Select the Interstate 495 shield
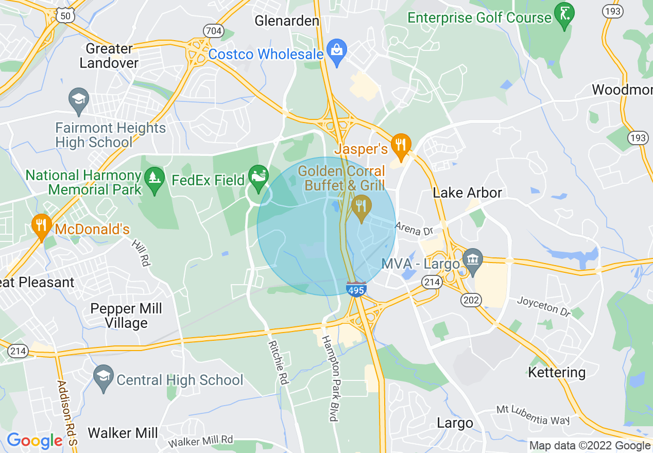[x=356, y=289]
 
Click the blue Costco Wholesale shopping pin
[x=337, y=52]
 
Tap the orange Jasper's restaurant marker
[x=401, y=146]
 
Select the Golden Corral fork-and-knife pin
[x=362, y=207]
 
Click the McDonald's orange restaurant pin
[x=41, y=226]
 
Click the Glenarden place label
[x=287, y=21]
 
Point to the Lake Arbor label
[x=467, y=193]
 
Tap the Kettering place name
[x=557, y=372]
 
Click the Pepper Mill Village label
[x=126, y=316]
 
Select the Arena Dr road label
[x=414, y=229]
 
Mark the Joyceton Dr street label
[x=544, y=306]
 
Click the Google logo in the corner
[x=35, y=441]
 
